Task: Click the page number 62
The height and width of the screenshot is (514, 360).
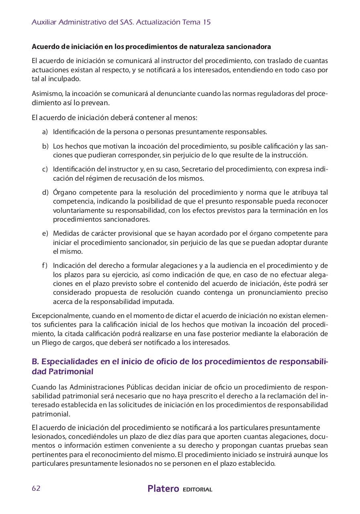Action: (36, 488)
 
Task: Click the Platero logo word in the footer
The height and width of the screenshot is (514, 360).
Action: (163, 489)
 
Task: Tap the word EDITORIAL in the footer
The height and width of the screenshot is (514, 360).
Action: (197, 490)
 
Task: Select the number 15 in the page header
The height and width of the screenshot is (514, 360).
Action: (207, 22)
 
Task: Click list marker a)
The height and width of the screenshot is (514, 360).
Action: (45, 132)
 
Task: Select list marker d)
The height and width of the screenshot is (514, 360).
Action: (45, 192)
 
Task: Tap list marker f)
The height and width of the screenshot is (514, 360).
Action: (45, 265)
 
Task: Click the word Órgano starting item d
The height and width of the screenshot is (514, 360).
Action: (63, 192)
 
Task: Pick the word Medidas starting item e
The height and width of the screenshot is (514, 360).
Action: (65, 233)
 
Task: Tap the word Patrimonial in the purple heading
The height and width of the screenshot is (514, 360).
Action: (71, 372)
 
